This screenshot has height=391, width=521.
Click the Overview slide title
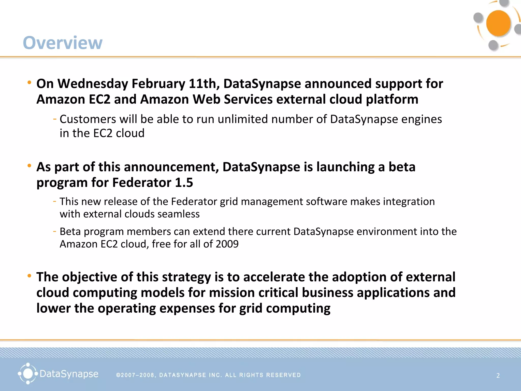coord(63,43)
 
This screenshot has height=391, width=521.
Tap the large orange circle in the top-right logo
coord(498,23)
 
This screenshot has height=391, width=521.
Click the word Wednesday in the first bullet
coord(93,84)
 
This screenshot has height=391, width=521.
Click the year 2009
coord(227,244)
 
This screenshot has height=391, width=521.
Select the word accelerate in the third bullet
coord(274,277)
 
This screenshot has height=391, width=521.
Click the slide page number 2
coord(498,375)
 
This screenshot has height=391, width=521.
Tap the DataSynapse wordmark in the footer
coord(69,374)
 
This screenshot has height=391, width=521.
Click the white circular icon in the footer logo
coord(28,374)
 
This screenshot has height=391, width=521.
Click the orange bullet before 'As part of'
coord(30,166)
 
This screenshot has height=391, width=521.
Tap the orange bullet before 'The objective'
coord(30,276)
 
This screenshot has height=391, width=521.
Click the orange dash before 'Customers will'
coord(55,119)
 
